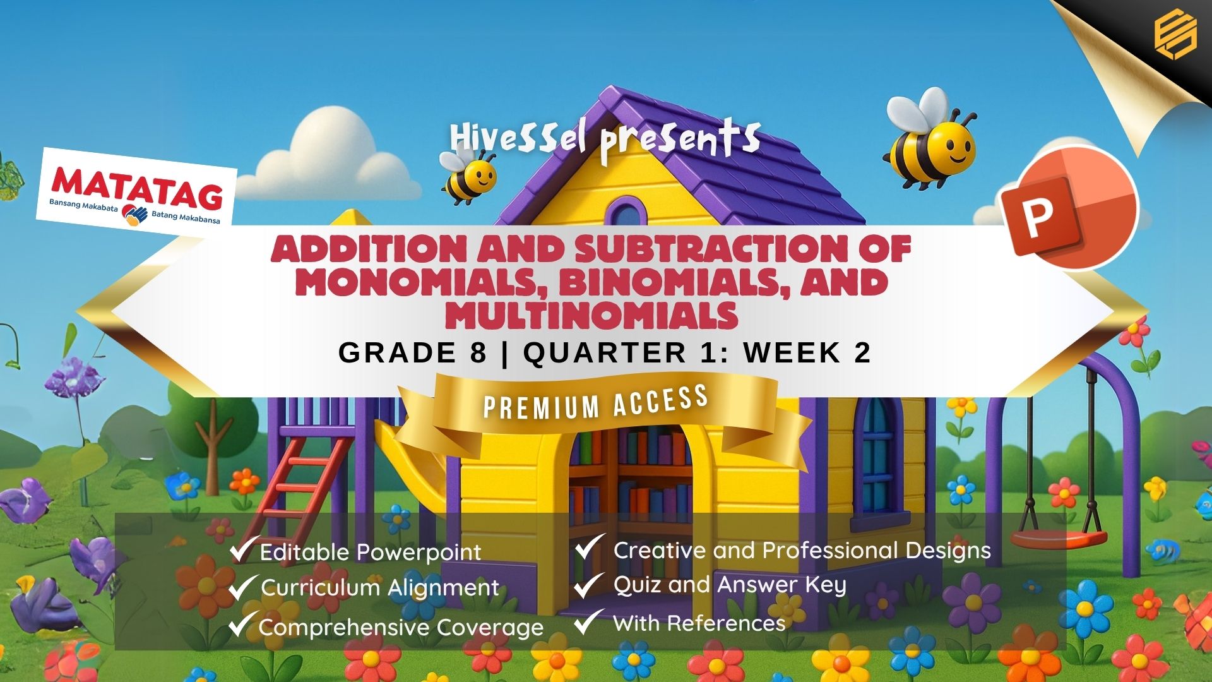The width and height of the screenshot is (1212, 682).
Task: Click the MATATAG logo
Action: [136, 188]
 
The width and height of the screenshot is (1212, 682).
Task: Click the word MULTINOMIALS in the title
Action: [591, 316]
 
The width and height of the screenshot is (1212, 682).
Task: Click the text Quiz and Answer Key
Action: [729, 585]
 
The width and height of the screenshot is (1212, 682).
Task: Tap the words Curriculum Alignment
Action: [380, 589]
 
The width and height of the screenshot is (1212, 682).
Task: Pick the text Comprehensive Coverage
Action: [401, 628]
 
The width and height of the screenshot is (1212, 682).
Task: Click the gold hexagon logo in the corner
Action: [1175, 32]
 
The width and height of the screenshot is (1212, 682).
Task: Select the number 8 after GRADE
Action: [478, 352]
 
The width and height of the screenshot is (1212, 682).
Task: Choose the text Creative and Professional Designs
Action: [802, 551]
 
